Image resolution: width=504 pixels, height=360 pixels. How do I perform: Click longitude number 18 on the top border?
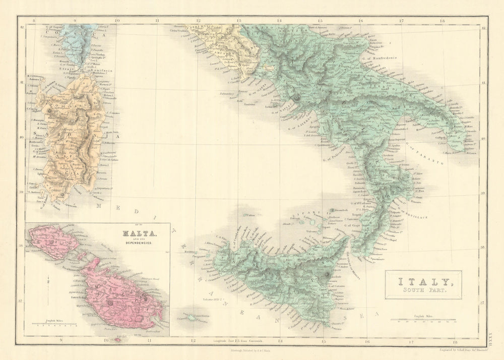point(442,21)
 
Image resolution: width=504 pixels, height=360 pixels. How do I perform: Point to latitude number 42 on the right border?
point(483,28)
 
